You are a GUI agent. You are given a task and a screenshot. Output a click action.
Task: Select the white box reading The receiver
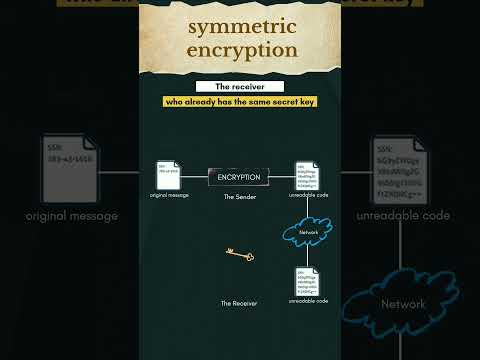tap(239, 87)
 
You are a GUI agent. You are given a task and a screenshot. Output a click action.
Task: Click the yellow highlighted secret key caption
tap(239, 102)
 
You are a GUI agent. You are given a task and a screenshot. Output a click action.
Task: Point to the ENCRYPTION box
tap(239, 177)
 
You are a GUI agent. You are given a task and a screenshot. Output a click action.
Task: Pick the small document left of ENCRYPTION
tap(167, 174)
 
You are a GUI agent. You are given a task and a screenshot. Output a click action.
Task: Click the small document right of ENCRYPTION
tap(307, 174)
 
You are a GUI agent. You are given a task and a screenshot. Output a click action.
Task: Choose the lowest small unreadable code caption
tap(308, 300)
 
